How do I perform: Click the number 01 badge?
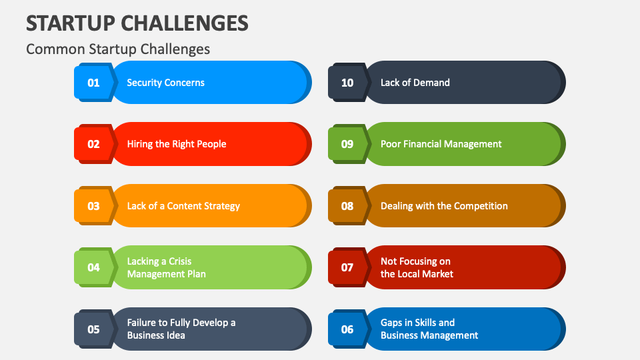93,83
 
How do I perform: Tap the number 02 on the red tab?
93,144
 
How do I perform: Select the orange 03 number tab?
93,206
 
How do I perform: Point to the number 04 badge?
93,267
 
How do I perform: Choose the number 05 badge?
93,329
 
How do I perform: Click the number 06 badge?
347,329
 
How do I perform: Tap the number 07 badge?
347,267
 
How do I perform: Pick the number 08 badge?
347,206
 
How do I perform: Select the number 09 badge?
347,144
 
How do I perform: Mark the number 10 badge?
347,83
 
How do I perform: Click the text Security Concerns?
165,83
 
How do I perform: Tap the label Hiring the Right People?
177,144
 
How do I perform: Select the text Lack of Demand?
415,83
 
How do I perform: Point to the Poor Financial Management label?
441,144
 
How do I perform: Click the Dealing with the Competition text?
444,206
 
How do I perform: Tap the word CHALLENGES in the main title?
185,23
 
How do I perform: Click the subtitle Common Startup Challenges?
118,49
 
